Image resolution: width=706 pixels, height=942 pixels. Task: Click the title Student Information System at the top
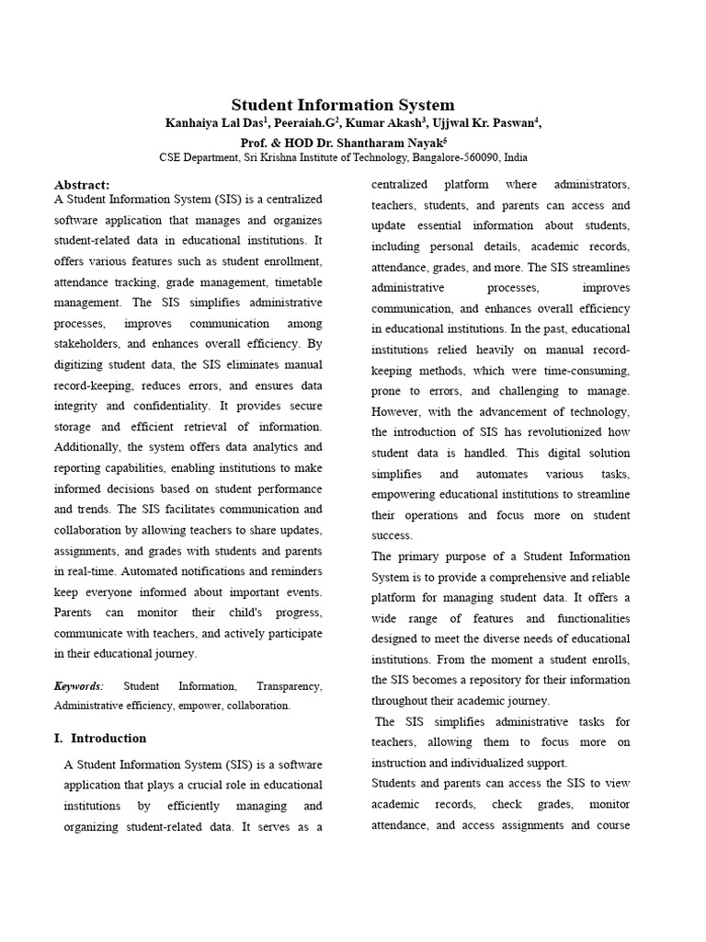click(342, 105)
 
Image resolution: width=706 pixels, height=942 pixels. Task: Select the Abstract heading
click(82, 185)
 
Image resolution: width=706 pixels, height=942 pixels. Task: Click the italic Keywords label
click(79, 686)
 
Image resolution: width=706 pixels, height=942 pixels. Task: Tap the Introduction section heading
click(108, 738)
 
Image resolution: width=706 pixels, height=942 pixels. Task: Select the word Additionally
click(91, 447)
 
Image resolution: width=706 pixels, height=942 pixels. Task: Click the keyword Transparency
click(289, 686)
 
